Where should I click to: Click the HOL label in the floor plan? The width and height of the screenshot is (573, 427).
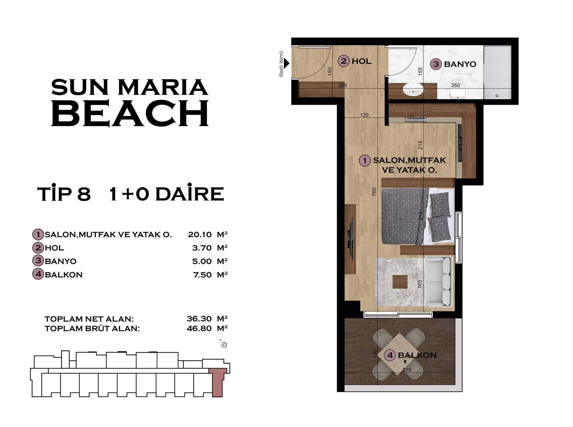[361, 61]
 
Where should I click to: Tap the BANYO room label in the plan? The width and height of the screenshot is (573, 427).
[460, 64]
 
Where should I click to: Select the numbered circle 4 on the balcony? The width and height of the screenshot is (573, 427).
[390, 355]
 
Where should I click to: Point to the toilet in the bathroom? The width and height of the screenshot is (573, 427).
[458, 88]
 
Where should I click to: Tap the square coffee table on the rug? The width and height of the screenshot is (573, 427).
[400, 282]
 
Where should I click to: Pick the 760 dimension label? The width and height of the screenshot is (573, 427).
[374, 192]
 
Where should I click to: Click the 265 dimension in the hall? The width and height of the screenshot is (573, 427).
[342, 86]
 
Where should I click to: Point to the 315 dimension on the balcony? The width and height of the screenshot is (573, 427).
[407, 370]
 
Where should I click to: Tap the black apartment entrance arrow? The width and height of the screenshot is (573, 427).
[286, 63]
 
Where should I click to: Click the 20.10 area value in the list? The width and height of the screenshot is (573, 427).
[200, 234]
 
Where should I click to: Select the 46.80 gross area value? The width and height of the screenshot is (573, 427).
[199, 328]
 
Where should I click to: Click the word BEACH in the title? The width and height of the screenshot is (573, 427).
[130, 113]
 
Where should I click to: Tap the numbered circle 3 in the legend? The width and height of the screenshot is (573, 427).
[38, 261]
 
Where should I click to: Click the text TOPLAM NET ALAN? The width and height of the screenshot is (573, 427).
[89, 319]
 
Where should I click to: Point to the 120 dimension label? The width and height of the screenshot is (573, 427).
[364, 115]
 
